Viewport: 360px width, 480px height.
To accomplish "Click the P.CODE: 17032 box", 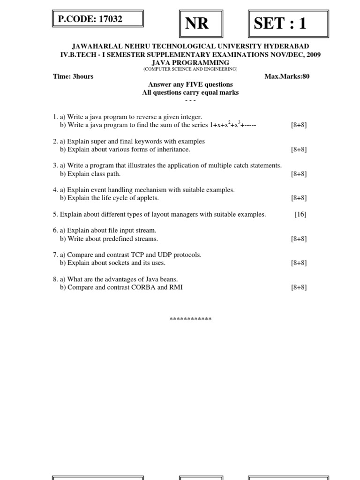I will (97, 19).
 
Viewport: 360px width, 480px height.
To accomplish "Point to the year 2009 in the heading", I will (312, 54).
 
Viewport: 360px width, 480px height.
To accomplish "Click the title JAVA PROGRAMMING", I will (190, 62).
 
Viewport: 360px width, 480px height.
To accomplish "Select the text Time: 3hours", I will (73, 76).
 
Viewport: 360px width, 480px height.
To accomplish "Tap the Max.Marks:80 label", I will (287, 76).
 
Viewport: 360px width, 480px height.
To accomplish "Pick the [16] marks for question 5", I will (300, 214).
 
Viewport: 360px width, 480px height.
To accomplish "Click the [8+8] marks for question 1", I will (299, 125).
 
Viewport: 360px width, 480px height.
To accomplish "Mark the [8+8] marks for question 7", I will (299, 263).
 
